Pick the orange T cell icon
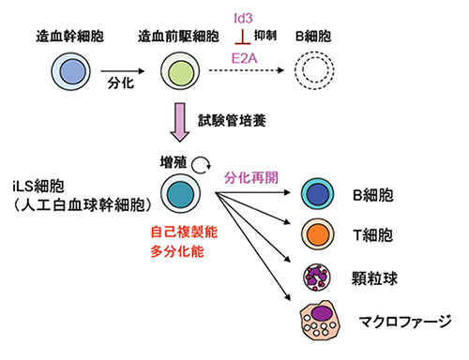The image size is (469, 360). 318,233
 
